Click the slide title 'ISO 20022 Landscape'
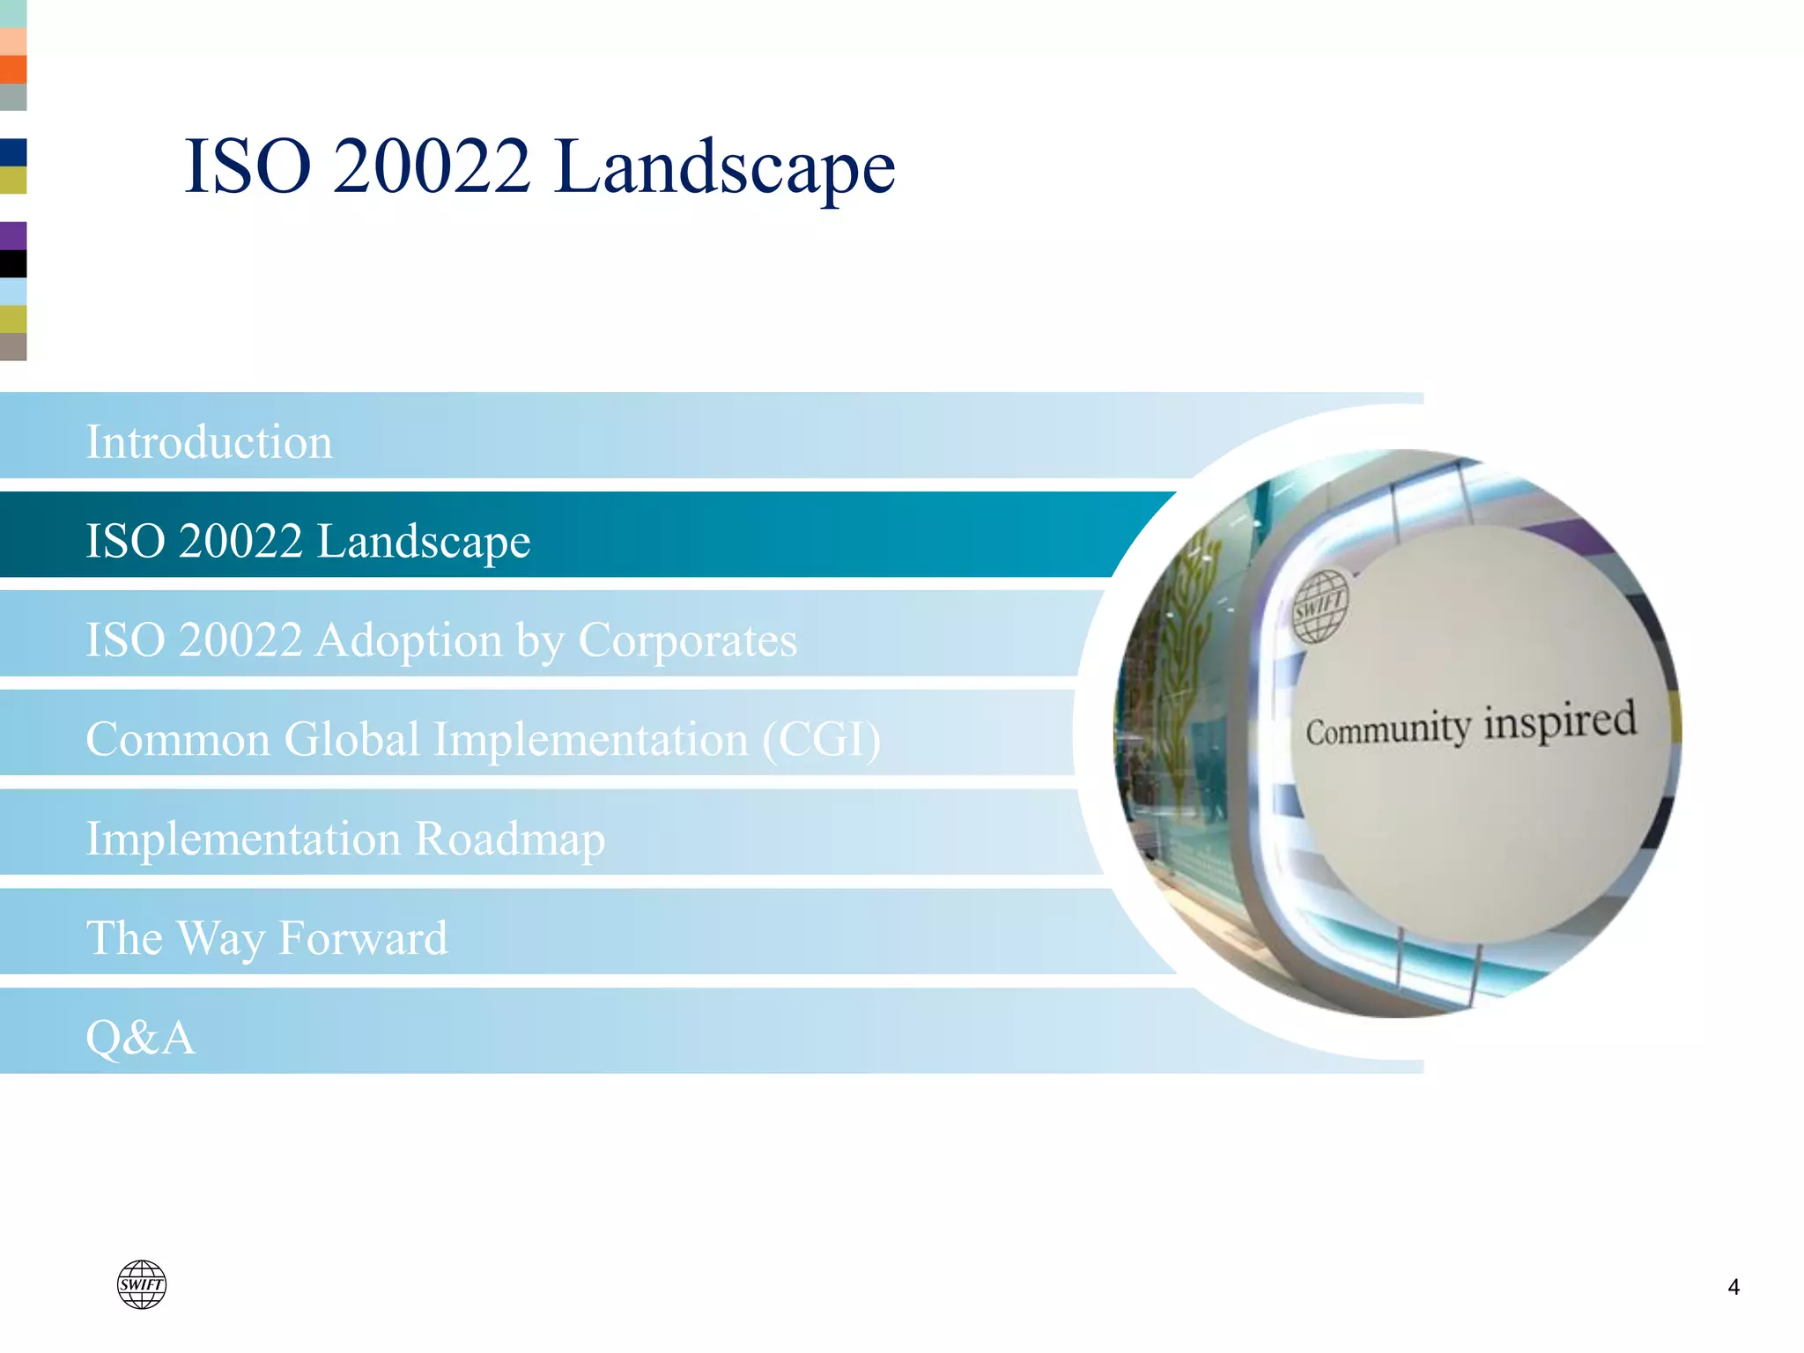(539, 167)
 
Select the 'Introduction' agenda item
(209, 442)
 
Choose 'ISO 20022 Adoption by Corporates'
(441, 640)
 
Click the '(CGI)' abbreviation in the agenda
(821, 739)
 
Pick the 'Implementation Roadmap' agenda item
(345, 839)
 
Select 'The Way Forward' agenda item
(267, 937)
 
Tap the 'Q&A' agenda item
(140, 1037)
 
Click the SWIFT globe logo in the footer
(142, 1284)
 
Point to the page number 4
(1734, 1288)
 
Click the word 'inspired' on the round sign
(1560, 721)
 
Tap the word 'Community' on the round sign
(1387, 730)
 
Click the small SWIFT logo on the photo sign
(1320, 606)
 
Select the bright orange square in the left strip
(13, 70)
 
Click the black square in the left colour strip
(13, 263)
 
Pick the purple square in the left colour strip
(13, 235)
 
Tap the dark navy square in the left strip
(13, 152)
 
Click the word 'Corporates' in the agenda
(687, 640)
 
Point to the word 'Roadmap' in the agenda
(510, 839)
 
